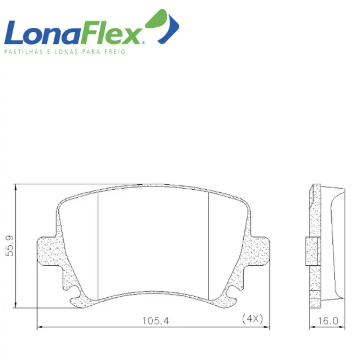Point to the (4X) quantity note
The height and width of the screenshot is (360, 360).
pos(253,318)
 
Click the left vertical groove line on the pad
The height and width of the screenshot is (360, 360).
pos(98,245)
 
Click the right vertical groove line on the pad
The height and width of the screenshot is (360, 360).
pos(209,245)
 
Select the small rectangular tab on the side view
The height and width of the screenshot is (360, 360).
pos(312,251)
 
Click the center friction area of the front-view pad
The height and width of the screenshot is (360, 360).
pos(153,241)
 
